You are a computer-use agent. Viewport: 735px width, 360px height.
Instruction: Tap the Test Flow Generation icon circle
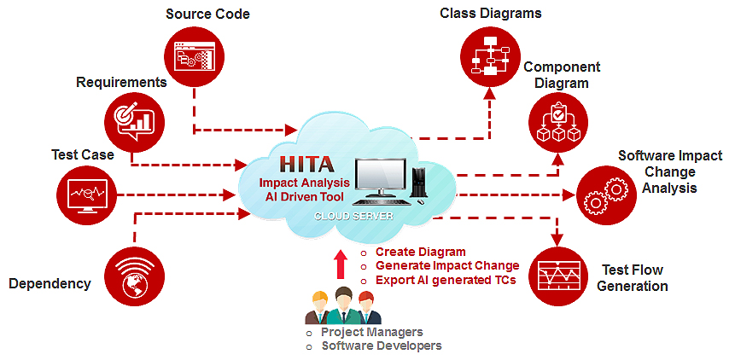click(x=557, y=276)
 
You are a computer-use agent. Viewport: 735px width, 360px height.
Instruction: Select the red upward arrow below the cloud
click(x=341, y=264)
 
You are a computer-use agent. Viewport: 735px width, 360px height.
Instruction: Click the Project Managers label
click(x=371, y=332)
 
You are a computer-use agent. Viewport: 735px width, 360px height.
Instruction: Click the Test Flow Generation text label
click(x=632, y=278)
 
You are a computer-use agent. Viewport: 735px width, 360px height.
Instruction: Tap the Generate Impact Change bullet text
click(x=446, y=266)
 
